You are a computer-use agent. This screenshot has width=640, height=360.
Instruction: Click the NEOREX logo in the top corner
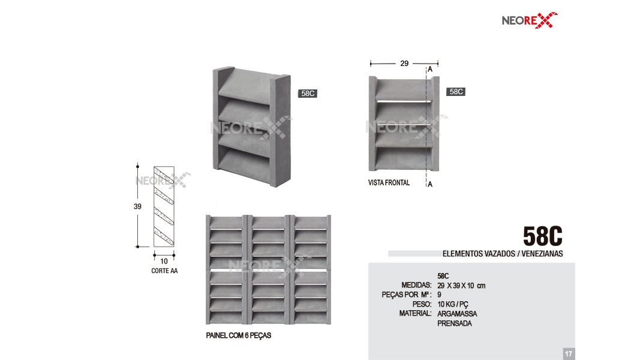point(530,20)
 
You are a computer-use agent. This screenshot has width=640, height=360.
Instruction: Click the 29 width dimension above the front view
point(404,63)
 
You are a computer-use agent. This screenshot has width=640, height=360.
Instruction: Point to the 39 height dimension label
point(137,206)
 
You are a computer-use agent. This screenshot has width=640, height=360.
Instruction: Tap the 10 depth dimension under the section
point(164,261)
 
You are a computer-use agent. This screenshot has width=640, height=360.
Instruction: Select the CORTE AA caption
point(164,271)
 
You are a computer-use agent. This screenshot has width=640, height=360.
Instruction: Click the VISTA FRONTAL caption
point(389,182)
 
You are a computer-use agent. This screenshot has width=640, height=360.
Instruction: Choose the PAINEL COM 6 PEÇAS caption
point(238,335)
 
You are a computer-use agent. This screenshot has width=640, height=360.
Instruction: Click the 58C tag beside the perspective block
point(308,94)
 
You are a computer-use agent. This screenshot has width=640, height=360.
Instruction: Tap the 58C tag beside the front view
point(456,92)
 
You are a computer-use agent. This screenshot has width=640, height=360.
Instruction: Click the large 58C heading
point(542,236)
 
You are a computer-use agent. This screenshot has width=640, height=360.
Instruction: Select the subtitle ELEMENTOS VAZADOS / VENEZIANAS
point(503,253)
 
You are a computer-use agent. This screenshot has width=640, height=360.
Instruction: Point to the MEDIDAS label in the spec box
point(416,285)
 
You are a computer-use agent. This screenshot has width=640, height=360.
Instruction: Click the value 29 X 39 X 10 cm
point(461,286)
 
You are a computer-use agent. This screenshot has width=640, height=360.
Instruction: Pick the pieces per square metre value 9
point(439,295)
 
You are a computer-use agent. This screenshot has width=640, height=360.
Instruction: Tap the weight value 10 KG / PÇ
point(453,304)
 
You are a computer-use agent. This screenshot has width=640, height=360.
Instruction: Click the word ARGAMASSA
point(457,314)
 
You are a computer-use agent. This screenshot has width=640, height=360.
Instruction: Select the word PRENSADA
point(454,323)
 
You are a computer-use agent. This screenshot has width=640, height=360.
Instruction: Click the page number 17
point(569,354)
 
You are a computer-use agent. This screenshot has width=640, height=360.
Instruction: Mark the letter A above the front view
point(430,70)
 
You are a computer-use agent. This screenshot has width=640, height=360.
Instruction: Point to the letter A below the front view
point(430,184)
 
